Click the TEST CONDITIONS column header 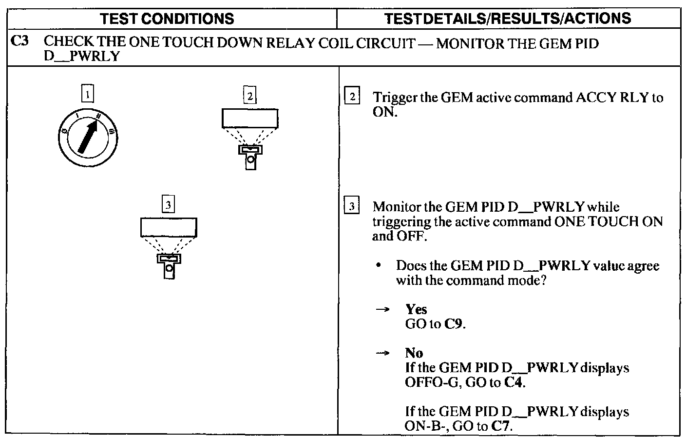pos(167,19)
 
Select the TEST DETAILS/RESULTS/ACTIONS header pos(508,19)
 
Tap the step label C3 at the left pos(20,42)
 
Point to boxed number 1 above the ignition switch pos(88,94)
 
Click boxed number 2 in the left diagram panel pos(249,95)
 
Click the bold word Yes pos(416,309)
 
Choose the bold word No pos(414,353)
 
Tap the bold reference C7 pos(501,426)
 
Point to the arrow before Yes pos(383,309)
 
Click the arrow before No pos(383,353)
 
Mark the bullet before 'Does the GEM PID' pos(378,265)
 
